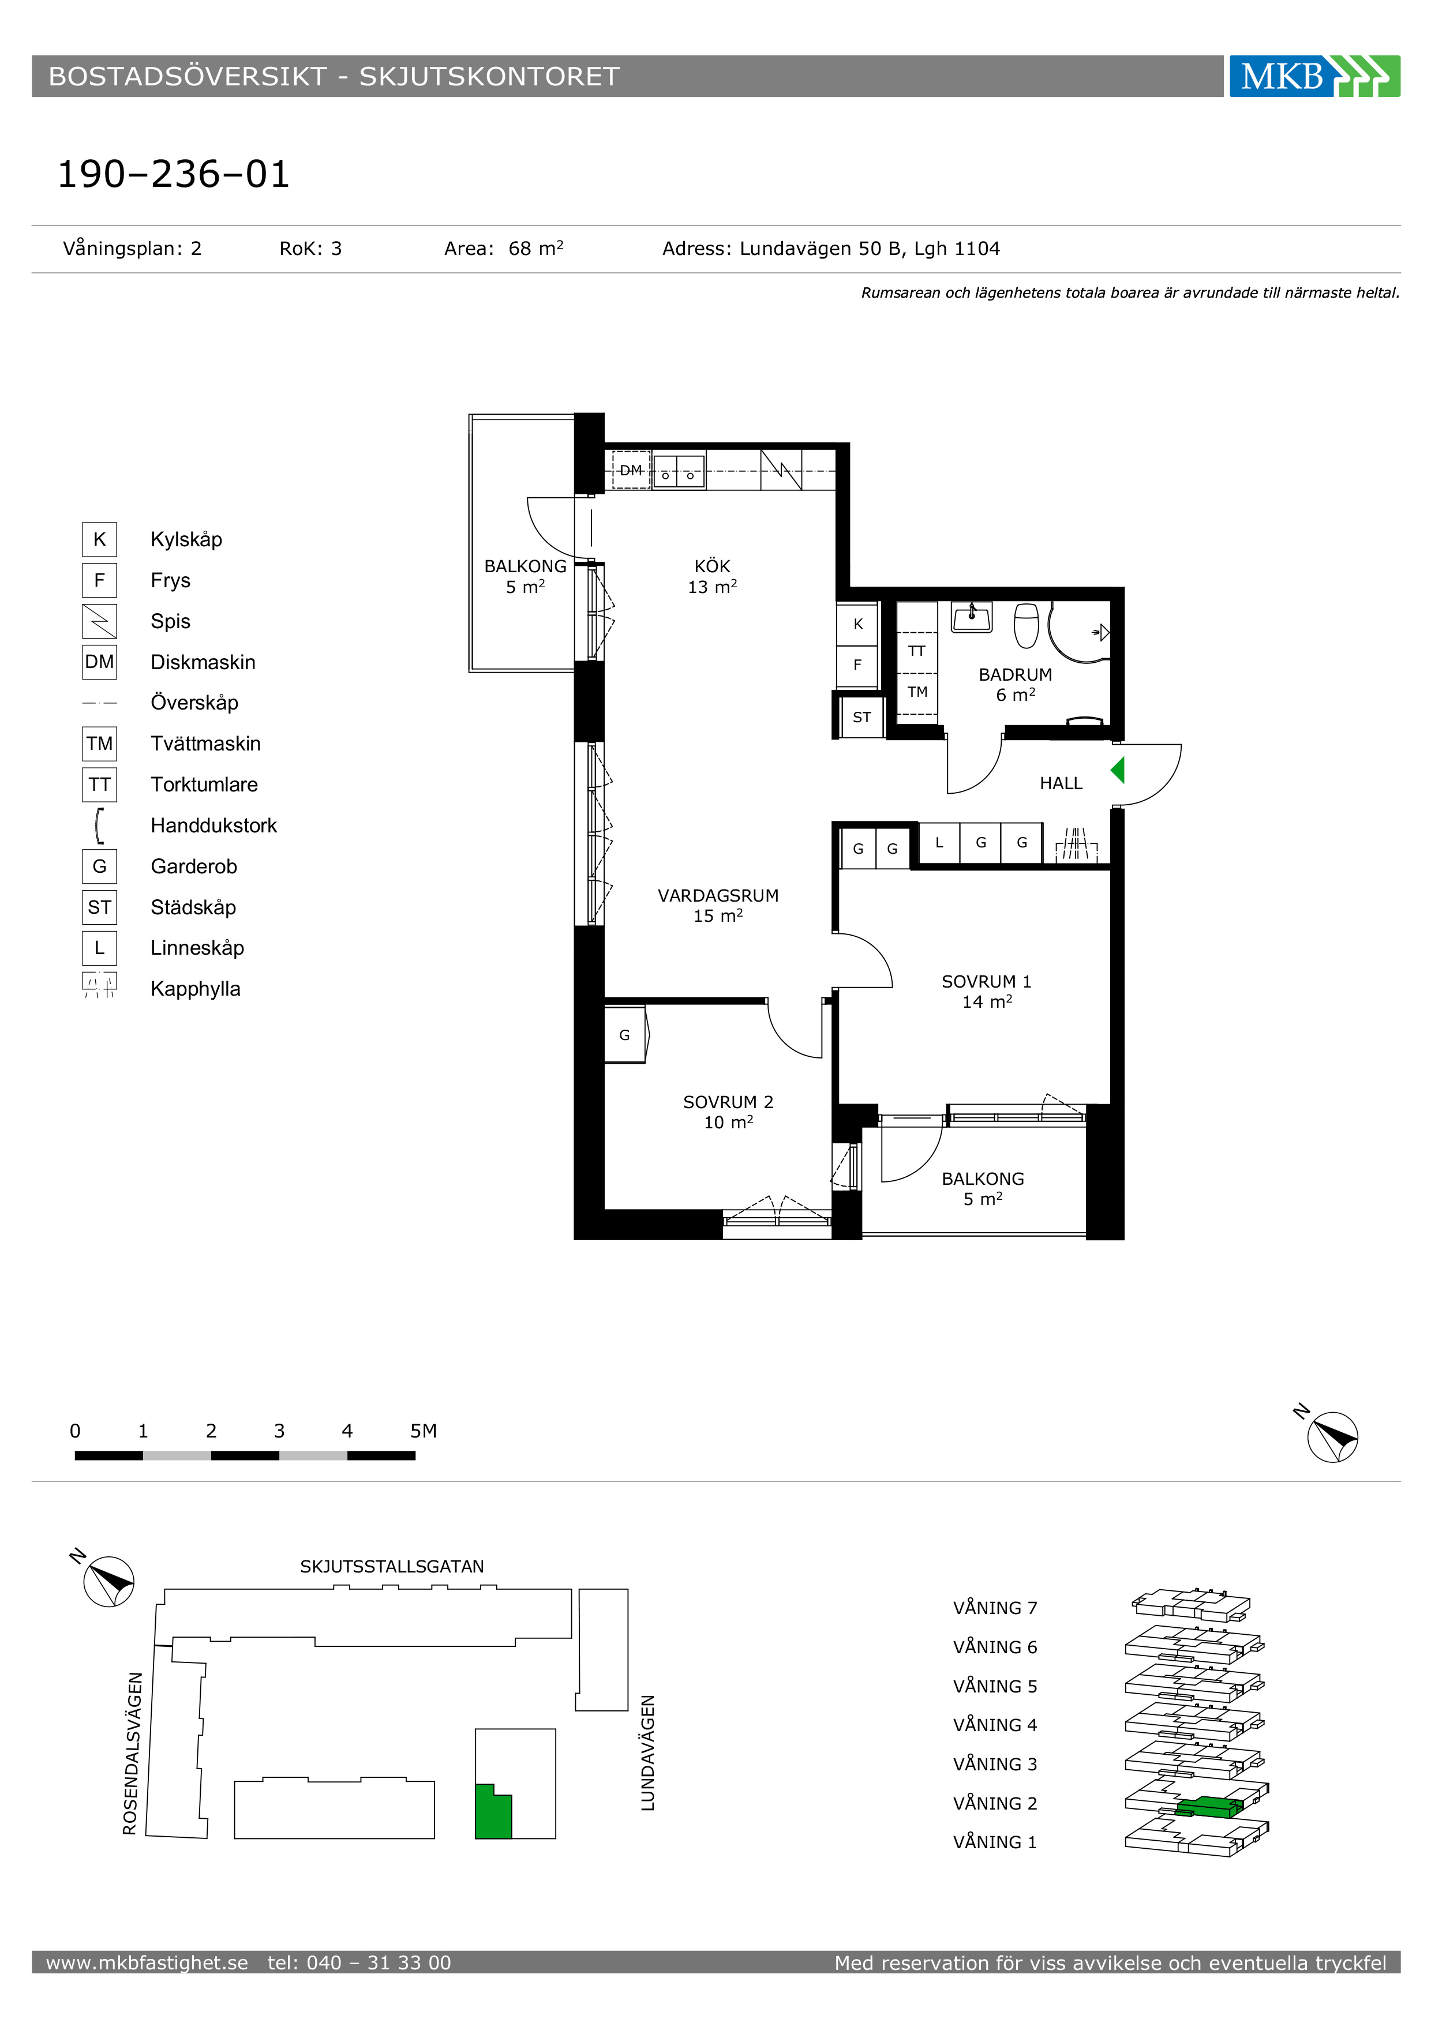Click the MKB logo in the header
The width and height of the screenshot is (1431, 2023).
tap(1314, 76)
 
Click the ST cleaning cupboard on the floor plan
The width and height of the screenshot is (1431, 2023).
tap(861, 717)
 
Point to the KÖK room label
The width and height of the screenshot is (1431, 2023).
tap(712, 566)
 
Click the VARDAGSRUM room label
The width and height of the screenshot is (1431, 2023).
tap(718, 895)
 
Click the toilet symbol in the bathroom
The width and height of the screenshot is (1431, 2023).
tap(1027, 625)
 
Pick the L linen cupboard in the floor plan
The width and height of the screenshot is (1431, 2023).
tap(939, 842)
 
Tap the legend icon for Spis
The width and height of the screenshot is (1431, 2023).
tap(100, 621)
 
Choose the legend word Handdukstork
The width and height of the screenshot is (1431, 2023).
tap(213, 825)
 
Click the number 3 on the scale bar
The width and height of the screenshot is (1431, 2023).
tap(279, 1431)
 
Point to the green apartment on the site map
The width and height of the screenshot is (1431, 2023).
tap(493, 1811)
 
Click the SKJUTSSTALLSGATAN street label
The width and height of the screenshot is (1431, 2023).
tap(392, 1567)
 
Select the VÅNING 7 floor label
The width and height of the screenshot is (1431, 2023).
tap(995, 1608)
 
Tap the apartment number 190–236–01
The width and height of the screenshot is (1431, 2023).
tap(174, 174)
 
